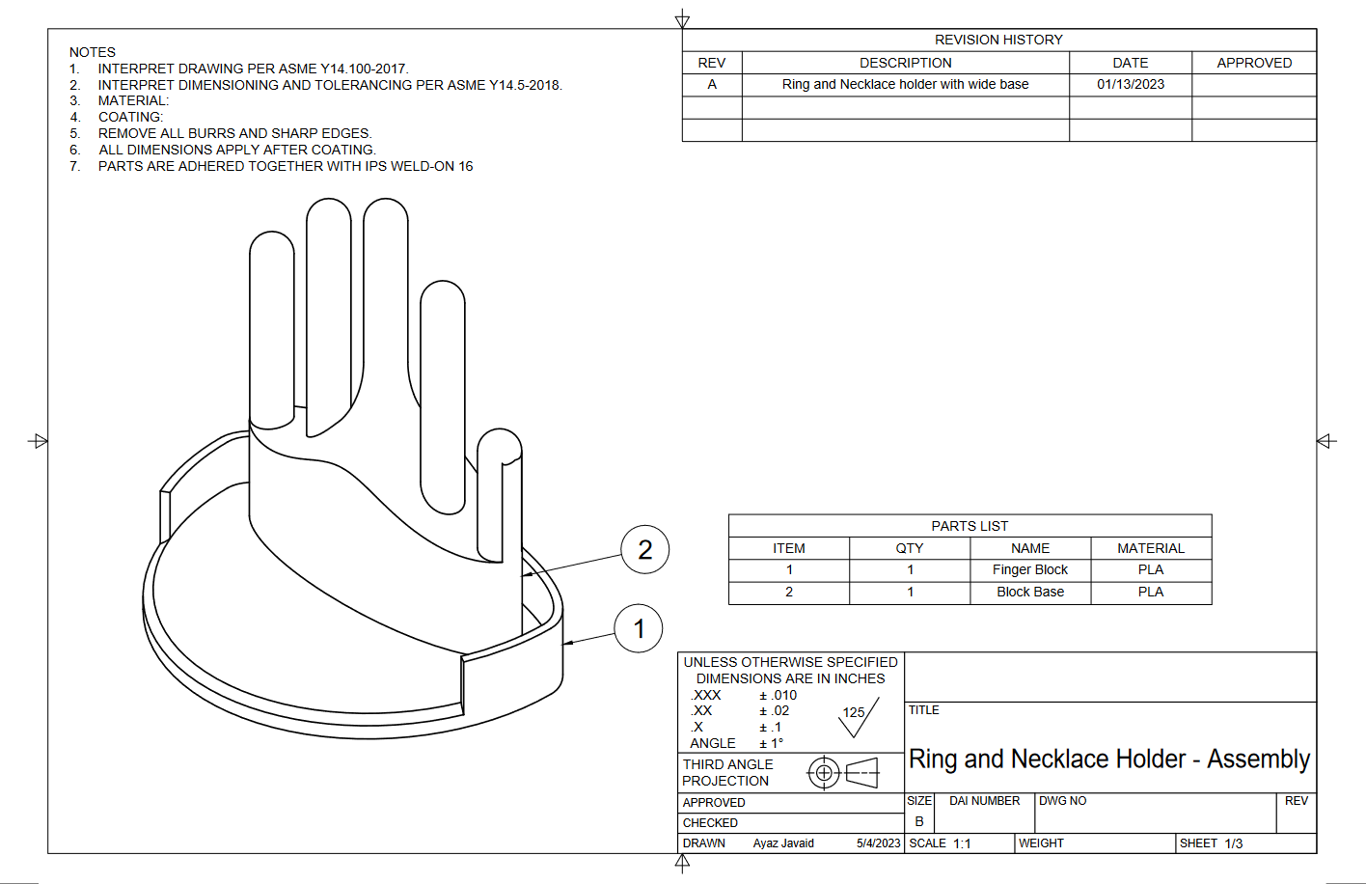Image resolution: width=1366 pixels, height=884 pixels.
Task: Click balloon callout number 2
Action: tap(644, 550)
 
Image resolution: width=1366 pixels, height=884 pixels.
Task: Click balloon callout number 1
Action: tap(639, 629)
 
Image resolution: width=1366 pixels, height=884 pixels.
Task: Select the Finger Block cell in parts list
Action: tap(1029, 570)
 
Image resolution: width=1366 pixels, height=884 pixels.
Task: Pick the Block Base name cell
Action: tap(1029, 593)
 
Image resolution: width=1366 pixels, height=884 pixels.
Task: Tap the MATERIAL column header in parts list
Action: tap(1150, 548)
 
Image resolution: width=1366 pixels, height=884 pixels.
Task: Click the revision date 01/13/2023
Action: tap(1130, 85)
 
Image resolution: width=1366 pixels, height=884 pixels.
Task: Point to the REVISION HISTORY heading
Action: tap(998, 40)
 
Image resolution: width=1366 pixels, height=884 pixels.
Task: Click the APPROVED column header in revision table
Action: tap(1253, 63)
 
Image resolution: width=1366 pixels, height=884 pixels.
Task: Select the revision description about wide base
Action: tap(905, 85)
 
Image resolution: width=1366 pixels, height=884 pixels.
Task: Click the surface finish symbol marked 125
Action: tap(857, 716)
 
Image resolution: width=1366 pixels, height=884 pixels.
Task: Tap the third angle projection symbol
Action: tap(843, 773)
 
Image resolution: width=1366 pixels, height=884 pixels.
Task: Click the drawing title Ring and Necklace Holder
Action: tap(1108, 760)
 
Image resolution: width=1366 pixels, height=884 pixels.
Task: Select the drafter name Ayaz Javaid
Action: tap(783, 843)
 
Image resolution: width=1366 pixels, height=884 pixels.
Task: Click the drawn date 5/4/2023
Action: tap(878, 843)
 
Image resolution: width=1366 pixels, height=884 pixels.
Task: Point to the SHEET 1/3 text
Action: tap(1211, 843)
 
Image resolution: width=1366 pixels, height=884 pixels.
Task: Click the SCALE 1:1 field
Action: tap(940, 843)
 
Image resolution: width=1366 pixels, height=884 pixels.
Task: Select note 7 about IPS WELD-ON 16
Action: tap(285, 166)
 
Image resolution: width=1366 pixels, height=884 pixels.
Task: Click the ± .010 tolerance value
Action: tap(778, 695)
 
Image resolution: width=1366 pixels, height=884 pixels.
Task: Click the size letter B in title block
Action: tap(919, 821)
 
